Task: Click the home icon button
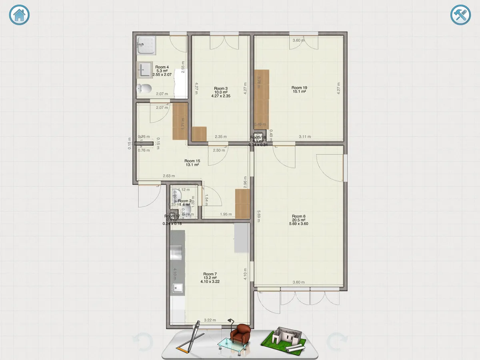coord(20,15)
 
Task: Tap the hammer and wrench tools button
coord(460,16)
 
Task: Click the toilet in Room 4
coord(144,89)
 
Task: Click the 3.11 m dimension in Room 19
coord(305,137)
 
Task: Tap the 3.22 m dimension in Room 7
coord(210,320)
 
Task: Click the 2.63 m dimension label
coord(169,176)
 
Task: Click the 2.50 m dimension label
coord(219,150)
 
